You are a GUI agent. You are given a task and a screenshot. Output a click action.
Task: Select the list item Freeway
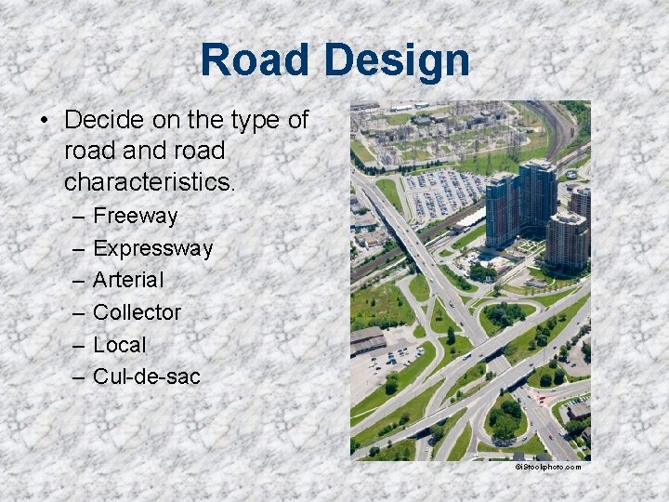pyautogui.click(x=136, y=217)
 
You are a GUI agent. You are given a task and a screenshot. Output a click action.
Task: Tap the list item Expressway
pyautogui.click(x=153, y=248)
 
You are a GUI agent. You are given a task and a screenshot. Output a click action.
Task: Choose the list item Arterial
pyautogui.click(x=129, y=280)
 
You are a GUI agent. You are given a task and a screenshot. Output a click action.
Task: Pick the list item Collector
pyautogui.click(x=138, y=312)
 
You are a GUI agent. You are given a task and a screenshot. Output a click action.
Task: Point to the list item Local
pyautogui.click(x=120, y=344)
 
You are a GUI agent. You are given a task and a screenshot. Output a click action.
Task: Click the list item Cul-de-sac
pyautogui.click(x=147, y=376)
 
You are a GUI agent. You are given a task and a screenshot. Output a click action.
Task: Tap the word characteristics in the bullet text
pyautogui.click(x=150, y=181)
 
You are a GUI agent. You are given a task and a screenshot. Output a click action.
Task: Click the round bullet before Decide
pyautogui.click(x=43, y=121)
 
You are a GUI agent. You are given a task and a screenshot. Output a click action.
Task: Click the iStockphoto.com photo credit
pyautogui.click(x=547, y=467)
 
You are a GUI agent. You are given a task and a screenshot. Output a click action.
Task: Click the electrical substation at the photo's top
pyautogui.click(x=446, y=135)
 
